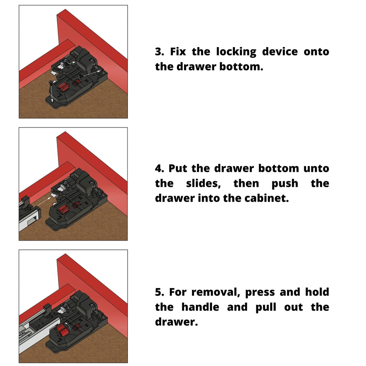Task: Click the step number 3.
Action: (x=159, y=52)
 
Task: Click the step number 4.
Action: (x=159, y=168)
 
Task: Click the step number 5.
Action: (x=159, y=292)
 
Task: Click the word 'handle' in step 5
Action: (x=200, y=307)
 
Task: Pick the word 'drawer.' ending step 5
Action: (x=176, y=322)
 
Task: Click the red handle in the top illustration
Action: (x=63, y=86)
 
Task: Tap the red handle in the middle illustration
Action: (x=63, y=209)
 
